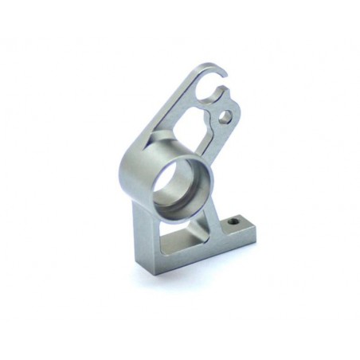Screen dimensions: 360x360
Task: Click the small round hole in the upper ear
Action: point(226,116)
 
